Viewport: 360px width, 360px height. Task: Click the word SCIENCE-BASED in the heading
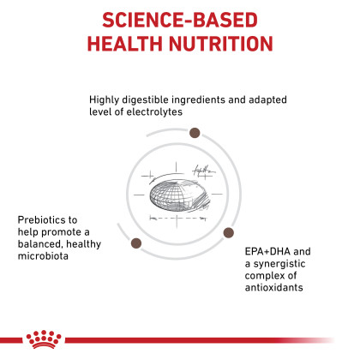pyautogui.click(x=180, y=20)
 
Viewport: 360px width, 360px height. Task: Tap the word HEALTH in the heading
pyautogui.click(x=125, y=44)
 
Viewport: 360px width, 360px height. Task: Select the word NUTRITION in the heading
pyautogui.click(x=221, y=44)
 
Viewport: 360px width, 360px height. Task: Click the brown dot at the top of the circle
pyautogui.click(x=195, y=133)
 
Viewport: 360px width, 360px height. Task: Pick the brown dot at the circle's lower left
pyautogui.click(x=136, y=243)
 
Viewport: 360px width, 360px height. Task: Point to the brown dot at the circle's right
pyautogui.click(x=228, y=232)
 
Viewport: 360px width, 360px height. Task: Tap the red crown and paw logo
pyautogui.click(x=44, y=339)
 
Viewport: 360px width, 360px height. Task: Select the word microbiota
pyautogui.click(x=43, y=256)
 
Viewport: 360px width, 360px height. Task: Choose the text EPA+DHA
pyautogui.click(x=267, y=251)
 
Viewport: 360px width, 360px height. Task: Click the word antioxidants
pyautogui.click(x=273, y=287)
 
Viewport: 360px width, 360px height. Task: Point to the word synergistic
pyautogui.click(x=279, y=264)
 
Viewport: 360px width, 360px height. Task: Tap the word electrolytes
pyautogui.click(x=154, y=111)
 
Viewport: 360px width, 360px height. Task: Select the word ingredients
pyautogui.click(x=198, y=99)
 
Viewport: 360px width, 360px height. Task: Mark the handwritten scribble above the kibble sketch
pyautogui.click(x=203, y=171)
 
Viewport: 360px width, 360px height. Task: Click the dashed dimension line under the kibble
pyautogui.click(x=177, y=219)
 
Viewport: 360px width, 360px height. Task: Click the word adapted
pyautogui.click(x=267, y=99)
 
